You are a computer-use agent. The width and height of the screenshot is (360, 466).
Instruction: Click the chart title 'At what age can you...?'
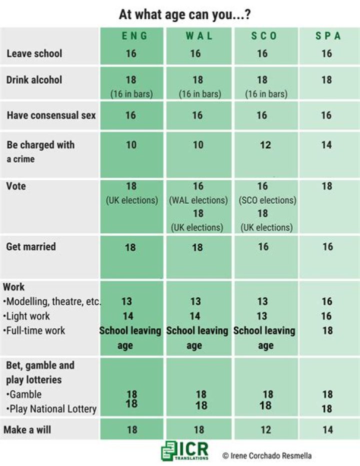point(184,15)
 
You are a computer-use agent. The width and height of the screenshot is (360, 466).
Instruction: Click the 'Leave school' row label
point(34,54)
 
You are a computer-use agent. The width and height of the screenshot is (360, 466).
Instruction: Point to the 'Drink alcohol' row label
point(34,80)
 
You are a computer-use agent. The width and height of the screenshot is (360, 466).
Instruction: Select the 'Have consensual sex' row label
point(51,116)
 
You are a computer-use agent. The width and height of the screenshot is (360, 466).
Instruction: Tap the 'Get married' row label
point(31,246)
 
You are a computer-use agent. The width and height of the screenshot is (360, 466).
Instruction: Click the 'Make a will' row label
point(29,429)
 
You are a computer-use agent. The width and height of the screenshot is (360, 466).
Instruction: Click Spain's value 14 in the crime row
point(326,145)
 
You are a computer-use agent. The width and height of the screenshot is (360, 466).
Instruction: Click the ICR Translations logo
point(184,450)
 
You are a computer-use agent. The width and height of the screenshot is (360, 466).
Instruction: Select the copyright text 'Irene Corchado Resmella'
point(267,455)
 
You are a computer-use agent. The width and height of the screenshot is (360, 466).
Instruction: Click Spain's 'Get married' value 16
point(327,246)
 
